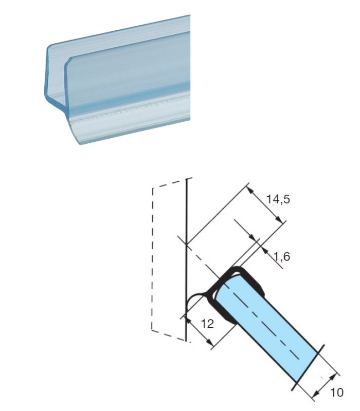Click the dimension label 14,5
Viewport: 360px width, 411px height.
278,199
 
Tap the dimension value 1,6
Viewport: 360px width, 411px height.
281,256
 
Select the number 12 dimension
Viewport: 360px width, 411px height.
207,324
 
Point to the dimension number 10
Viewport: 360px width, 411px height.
337,393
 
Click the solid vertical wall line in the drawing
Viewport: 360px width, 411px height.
186,259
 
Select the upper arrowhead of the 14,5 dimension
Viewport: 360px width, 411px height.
250,190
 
